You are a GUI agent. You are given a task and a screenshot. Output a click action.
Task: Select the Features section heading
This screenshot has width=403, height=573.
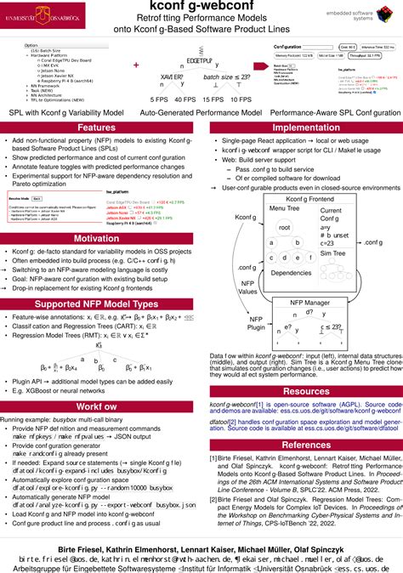click(96, 128)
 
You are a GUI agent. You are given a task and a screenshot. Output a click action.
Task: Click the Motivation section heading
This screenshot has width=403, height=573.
click(96, 239)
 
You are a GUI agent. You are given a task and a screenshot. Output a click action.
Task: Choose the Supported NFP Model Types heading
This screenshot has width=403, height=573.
click(96, 304)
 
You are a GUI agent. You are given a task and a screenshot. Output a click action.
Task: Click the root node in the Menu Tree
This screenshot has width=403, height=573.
click(285, 228)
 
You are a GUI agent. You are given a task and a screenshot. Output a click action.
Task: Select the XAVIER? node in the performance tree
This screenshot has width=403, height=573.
click(173, 75)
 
